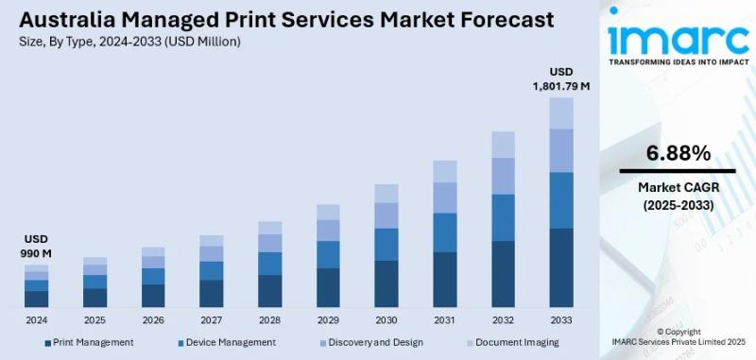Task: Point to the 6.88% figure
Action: [678, 153]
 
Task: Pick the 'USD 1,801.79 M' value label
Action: [561, 79]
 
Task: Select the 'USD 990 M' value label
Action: [36, 247]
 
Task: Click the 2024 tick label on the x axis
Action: [36, 320]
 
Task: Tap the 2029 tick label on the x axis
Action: [328, 320]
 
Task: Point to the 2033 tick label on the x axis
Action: [561, 320]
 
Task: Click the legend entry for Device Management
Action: [227, 342]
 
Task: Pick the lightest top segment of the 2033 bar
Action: [561, 112]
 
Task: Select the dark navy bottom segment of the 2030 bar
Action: [387, 283]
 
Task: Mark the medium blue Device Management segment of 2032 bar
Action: [503, 217]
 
